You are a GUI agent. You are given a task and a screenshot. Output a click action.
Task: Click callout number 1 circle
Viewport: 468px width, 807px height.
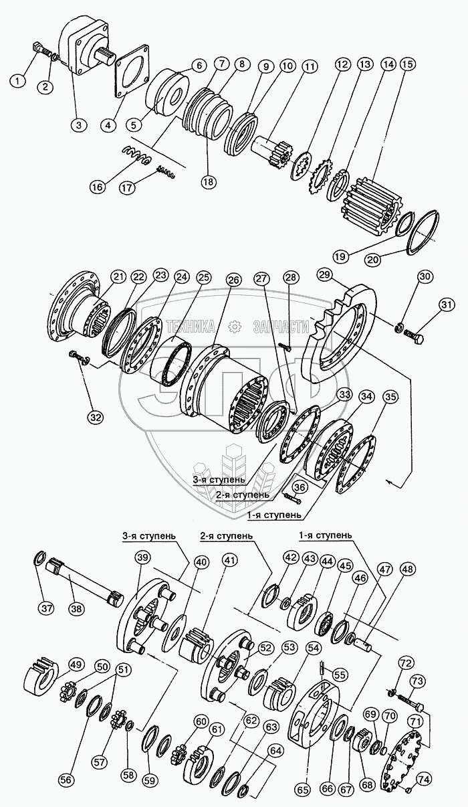(19, 82)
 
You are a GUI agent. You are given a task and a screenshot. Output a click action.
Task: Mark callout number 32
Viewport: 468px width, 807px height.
(96, 417)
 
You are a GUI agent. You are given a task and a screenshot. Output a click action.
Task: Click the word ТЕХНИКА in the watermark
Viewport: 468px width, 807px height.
(190, 326)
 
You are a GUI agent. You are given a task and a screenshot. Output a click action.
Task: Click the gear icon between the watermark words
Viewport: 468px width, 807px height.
(235, 326)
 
